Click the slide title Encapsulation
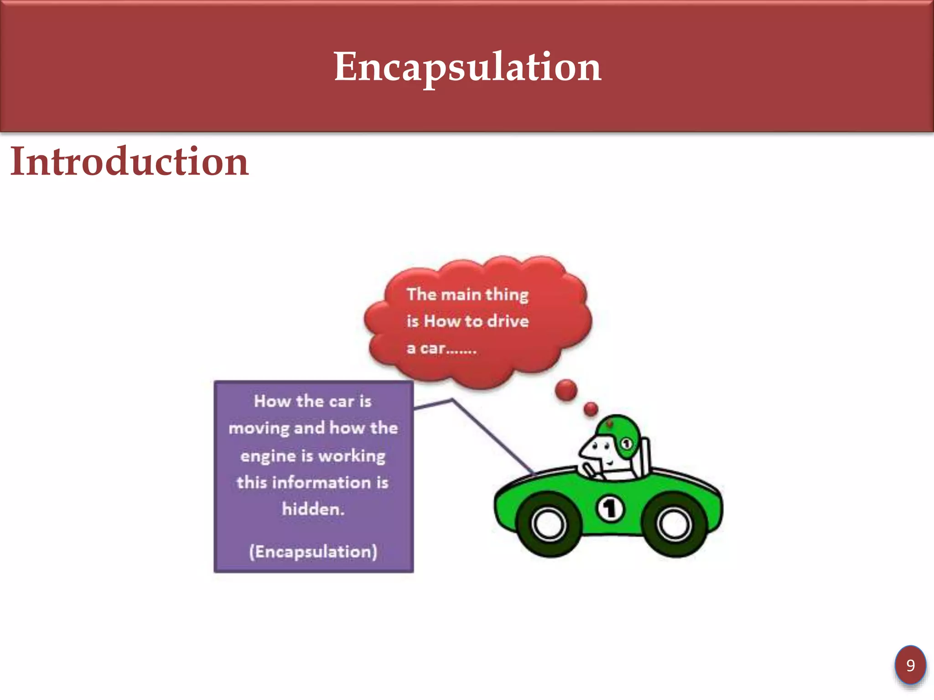[x=467, y=67]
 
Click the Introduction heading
[x=130, y=162]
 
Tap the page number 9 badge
[x=910, y=665]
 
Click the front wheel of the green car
[x=549, y=524]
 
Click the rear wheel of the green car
[x=674, y=524]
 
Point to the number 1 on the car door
[x=610, y=508]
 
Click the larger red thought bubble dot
[x=566, y=390]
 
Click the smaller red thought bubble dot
[x=591, y=409]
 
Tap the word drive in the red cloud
[x=508, y=321]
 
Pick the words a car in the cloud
[x=426, y=348]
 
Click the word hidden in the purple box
[x=313, y=509]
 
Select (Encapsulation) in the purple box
[x=313, y=551]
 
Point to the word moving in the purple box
[x=259, y=428]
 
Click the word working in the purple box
[x=352, y=456]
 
